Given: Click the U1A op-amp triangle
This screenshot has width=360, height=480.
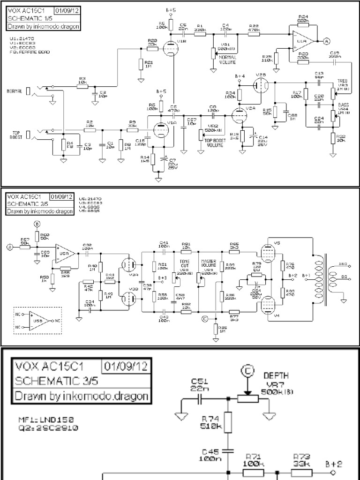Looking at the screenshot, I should point(302,41).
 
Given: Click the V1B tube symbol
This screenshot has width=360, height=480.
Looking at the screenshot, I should point(169,47).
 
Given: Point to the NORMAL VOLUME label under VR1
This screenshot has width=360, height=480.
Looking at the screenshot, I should point(228,59).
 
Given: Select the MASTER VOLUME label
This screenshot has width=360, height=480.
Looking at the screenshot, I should point(208,263).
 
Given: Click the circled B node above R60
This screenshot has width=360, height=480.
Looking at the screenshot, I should point(37,223).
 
